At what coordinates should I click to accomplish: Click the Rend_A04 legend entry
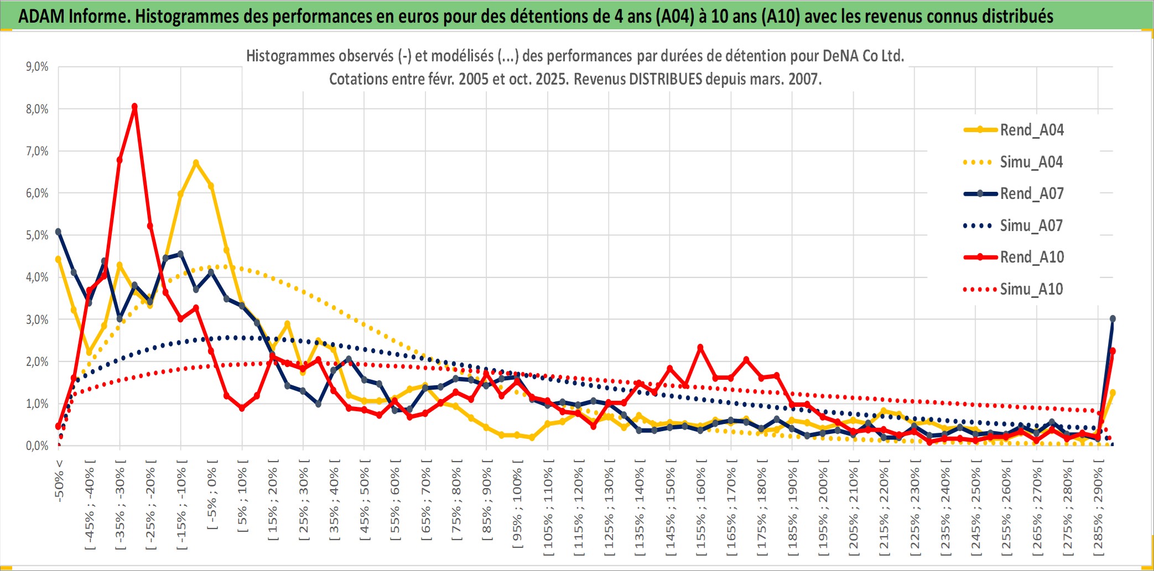(x=1031, y=130)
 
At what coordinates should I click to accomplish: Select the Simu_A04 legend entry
(x=1031, y=162)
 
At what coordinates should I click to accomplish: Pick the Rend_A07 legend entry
(x=1031, y=193)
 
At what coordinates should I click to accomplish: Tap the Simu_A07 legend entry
(x=1031, y=226)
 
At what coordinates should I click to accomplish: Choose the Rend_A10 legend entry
(x=1031, y=257)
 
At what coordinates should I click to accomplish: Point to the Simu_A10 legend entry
(x=1031, y=289)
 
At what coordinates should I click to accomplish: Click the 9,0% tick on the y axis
(x=37, y=67)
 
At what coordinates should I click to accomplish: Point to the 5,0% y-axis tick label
(x=37, y=235)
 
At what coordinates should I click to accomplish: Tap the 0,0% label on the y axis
(x=37, y=446)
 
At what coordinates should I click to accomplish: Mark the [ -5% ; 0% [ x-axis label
(x=212, y=495)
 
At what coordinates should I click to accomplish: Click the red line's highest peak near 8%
(x=134, y=107)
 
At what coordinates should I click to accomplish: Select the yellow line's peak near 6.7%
(x=196, y=163)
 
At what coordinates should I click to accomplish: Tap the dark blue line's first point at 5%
(x=58, y=232)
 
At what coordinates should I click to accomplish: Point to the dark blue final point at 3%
(x=1113, y=319)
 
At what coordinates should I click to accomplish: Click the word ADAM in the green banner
(x=42, y=17)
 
